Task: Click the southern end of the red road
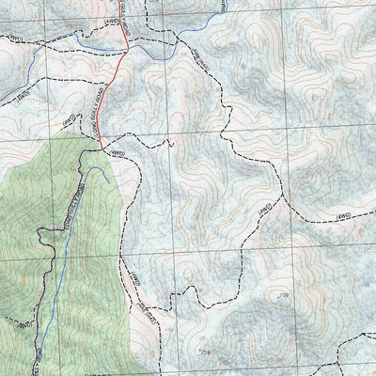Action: pyautogui.click(x=101, y=149)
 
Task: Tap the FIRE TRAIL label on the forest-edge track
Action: pyautogui.click(x=142, y=307)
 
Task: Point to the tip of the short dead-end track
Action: pyautogui.click(x=172, y=143)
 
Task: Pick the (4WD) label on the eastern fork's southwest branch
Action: pyautogui.click(x=266, y=203)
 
